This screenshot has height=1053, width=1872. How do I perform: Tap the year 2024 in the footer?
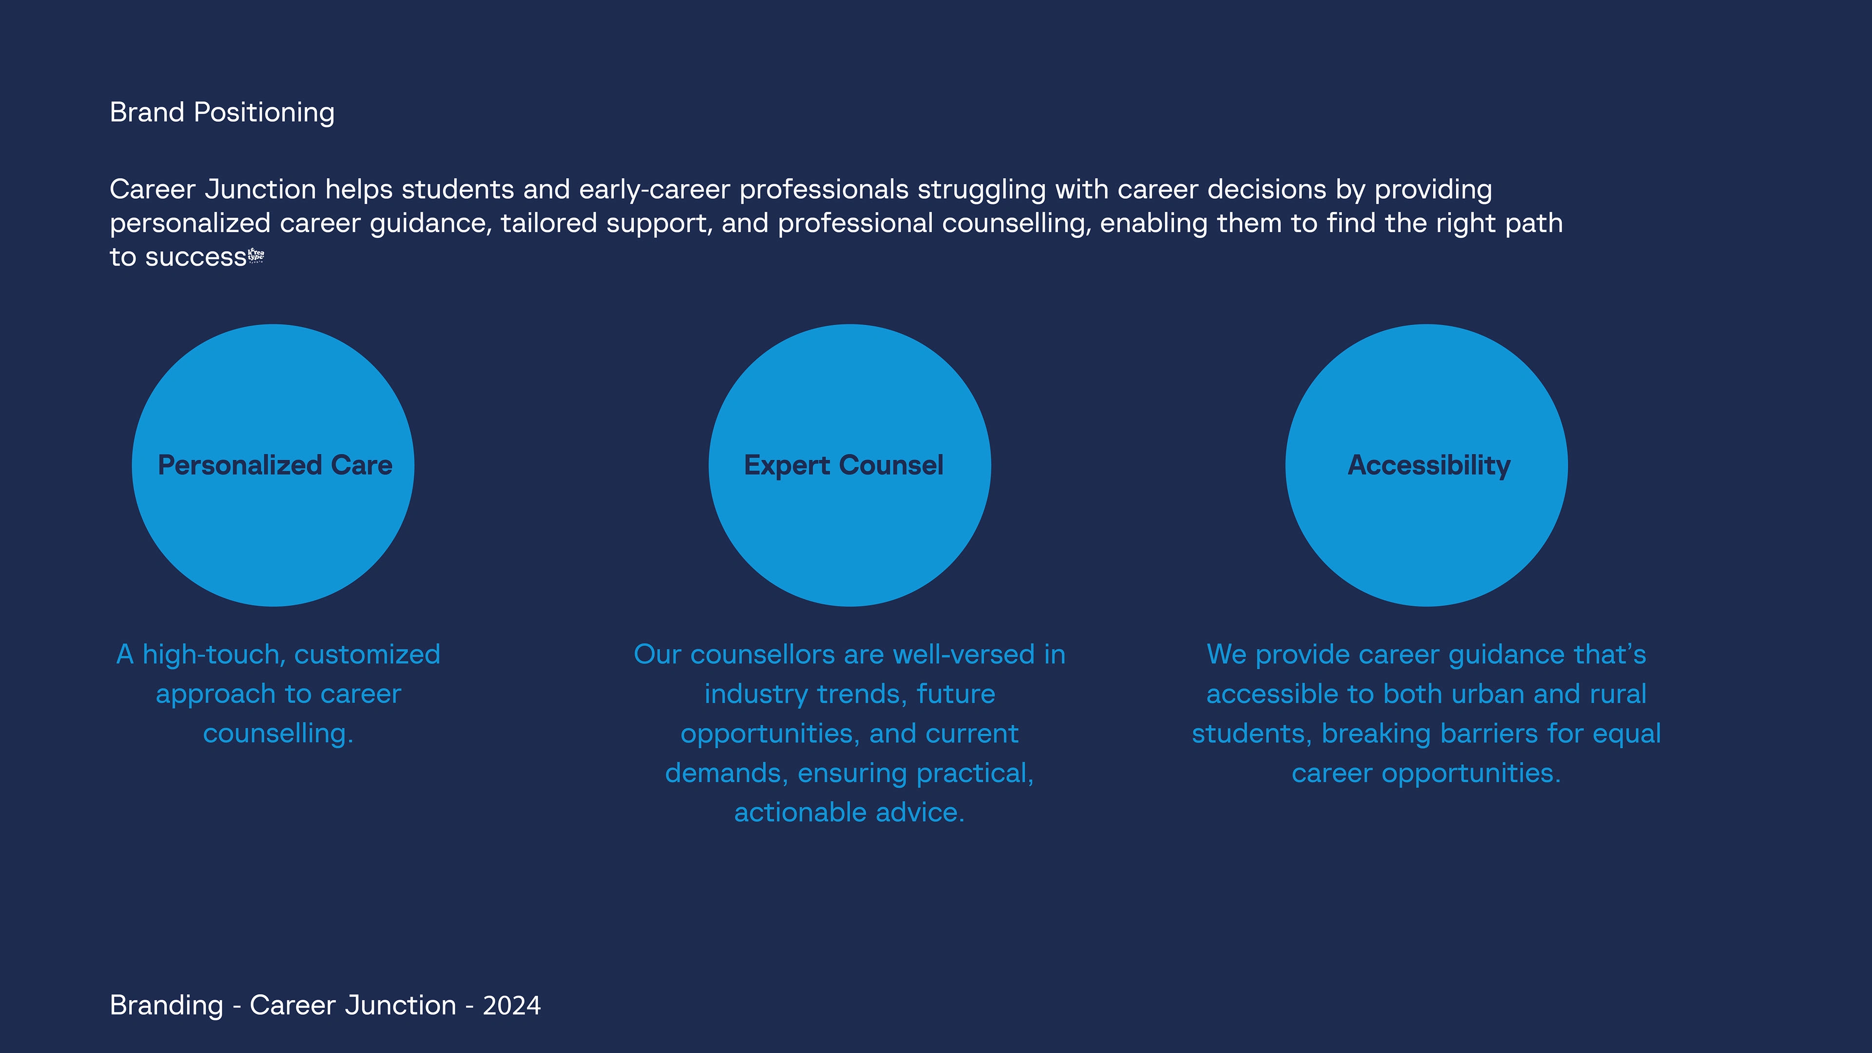511,1006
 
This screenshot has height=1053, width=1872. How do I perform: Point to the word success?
195,258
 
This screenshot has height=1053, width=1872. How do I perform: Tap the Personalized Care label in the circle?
274,465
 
